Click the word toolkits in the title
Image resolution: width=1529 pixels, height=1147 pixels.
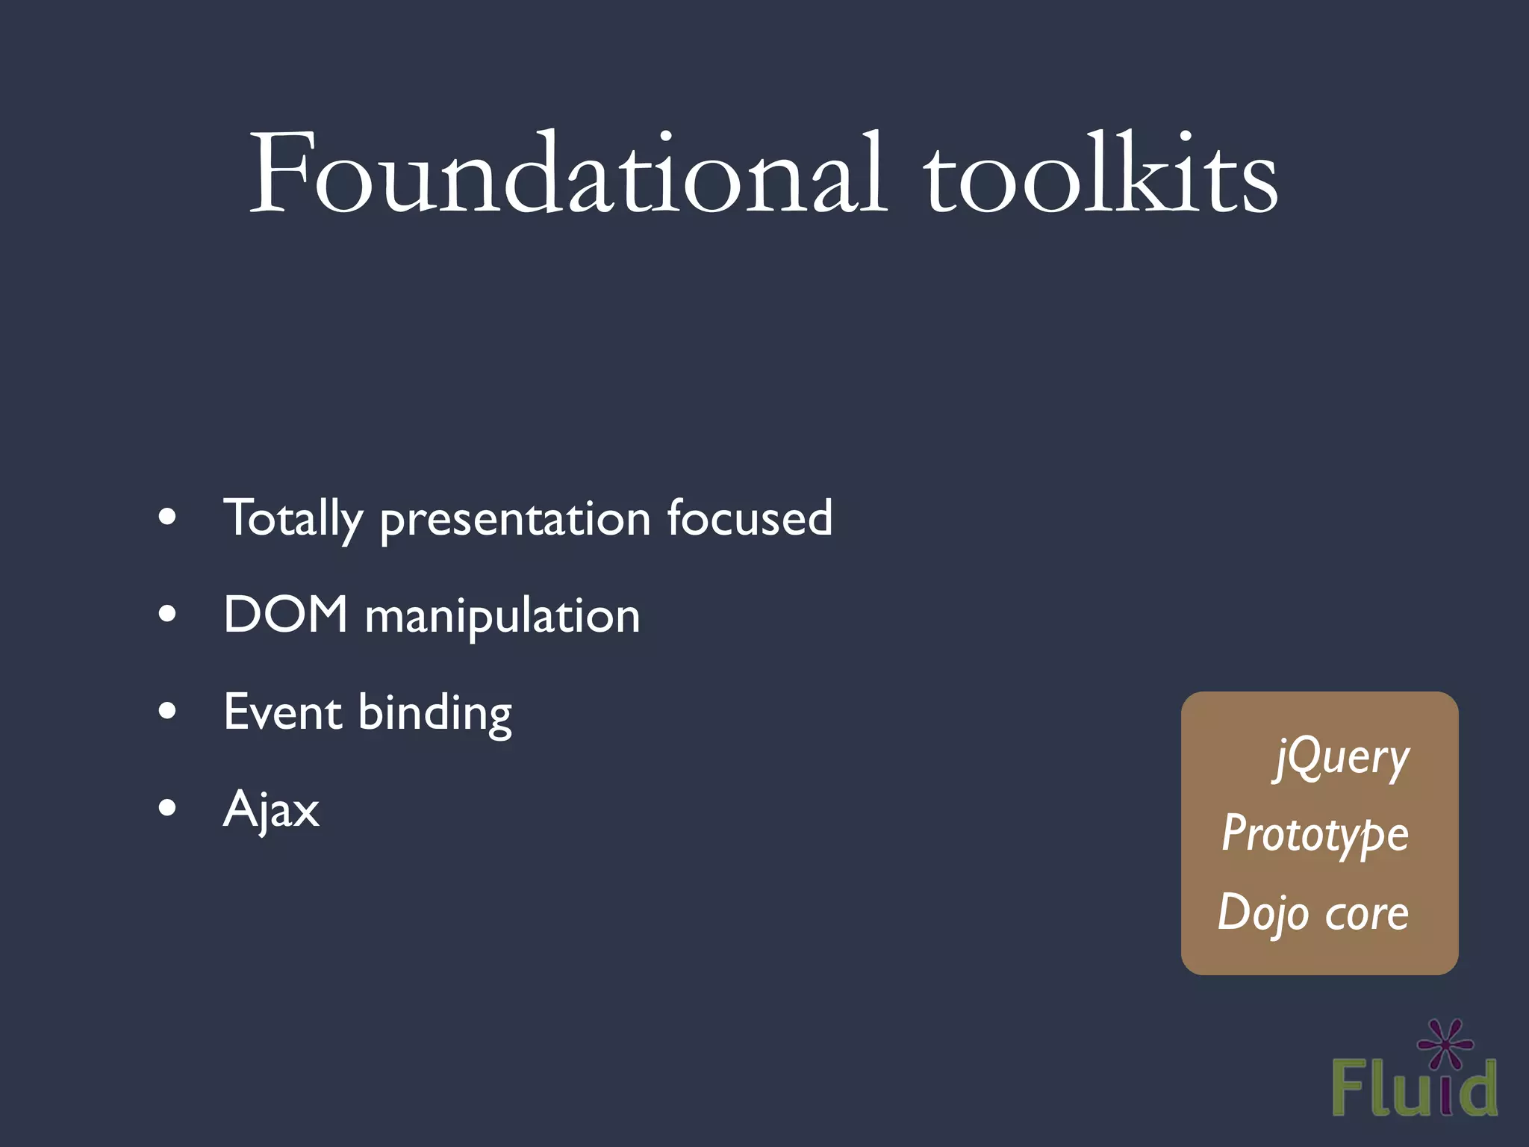(x=1100, y=175)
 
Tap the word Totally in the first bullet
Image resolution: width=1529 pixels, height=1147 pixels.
(x=293, y=518)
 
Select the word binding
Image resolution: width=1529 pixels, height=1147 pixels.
(x=435, y=714)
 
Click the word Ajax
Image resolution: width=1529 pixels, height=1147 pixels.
(x=271, y=809)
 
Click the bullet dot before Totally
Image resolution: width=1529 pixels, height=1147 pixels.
(x=168, y=517)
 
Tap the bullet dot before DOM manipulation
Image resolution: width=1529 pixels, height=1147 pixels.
(x=168, y=614)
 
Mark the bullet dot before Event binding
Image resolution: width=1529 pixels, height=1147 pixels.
(x=168, y=711)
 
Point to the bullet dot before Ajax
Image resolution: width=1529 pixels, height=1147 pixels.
(x=168, y=807)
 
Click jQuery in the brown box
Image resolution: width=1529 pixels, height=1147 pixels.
(x=1342, y=758)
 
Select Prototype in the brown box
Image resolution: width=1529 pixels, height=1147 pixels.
(x=1315, y=834)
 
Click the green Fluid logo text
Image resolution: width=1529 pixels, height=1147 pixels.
(x=1414, y=1089)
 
